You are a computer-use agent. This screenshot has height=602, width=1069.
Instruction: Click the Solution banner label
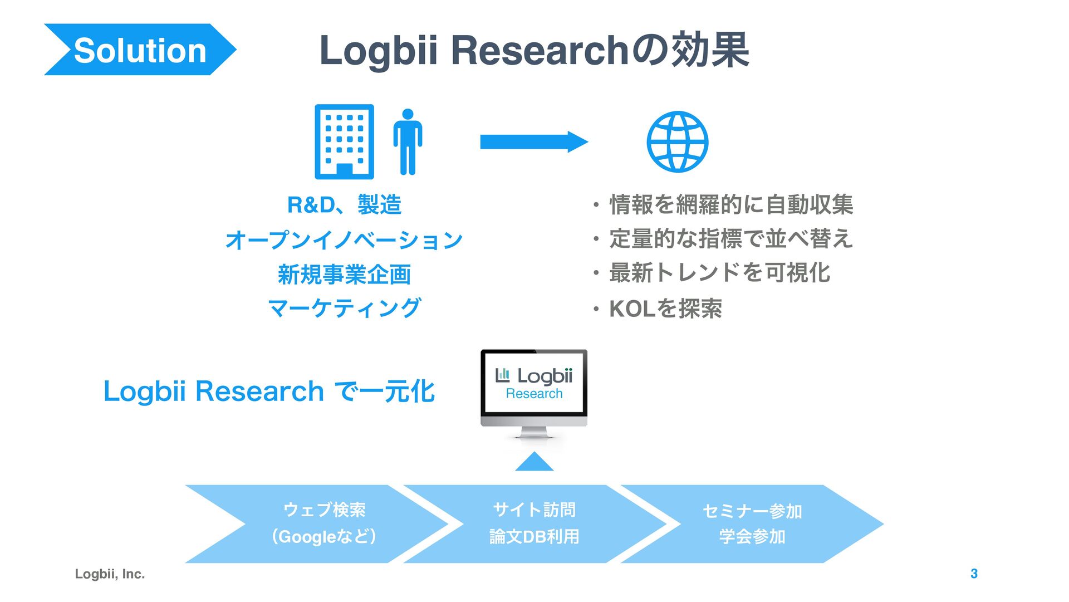pos(140,50)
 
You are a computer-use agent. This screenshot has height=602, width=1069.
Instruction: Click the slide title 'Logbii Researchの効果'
pos(534,50)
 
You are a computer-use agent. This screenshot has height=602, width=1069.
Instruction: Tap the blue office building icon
pos(344,141)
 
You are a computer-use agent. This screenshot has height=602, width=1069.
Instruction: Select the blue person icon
pos(408,142)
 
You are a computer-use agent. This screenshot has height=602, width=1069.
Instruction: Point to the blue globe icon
pos(677,141)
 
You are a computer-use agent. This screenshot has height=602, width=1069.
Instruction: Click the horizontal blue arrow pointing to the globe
pos(533,142)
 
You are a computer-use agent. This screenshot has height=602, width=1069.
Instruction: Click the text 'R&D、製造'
pos(344,205)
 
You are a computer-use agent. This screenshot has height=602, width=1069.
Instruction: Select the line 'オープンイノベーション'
pos(344,240)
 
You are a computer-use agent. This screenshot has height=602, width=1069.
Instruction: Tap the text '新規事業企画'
pos(344,275)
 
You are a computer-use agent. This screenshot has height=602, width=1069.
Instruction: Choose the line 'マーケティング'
pos(344,308)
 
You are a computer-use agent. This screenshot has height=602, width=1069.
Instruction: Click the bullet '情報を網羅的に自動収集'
pos(730,204)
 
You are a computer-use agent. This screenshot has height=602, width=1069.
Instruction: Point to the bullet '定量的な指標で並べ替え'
pos(730,238)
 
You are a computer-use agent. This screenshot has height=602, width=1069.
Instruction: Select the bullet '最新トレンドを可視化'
pos(719,273)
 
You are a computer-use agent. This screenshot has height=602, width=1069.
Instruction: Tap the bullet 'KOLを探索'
pos(665,309)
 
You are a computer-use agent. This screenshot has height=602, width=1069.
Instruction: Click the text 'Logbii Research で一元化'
pos(269,391)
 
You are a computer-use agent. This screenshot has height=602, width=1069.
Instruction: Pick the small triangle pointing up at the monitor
pos(534,462)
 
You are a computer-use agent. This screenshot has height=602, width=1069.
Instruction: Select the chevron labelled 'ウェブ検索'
pos(324,523)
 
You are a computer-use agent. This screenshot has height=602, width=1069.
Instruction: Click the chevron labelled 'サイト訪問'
pos(534,523)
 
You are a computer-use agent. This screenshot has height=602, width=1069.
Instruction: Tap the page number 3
pos(974,574)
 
